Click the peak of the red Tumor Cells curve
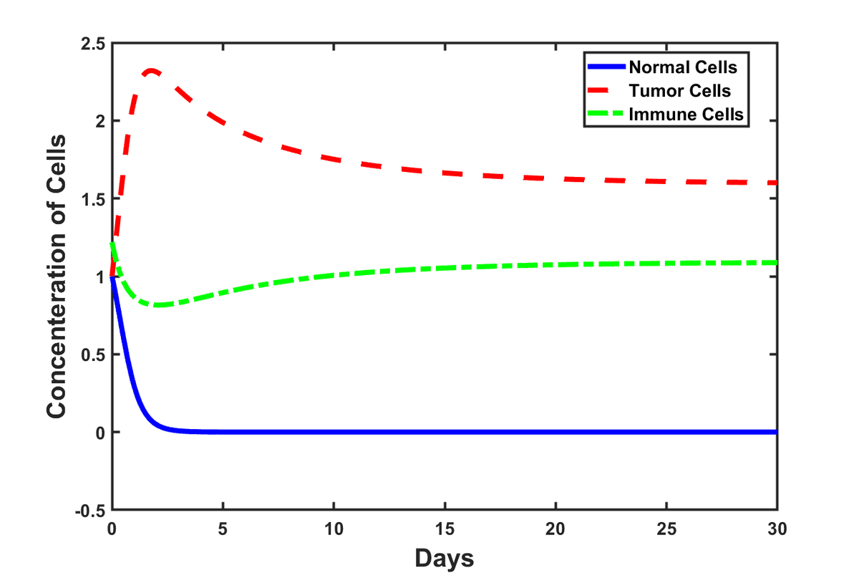(x=151, y=71)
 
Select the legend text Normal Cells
(x=683, y=69)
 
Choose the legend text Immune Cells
(x=685, y=114)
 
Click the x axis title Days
(x=444, y=557)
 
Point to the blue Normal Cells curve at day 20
(x=555, y=432)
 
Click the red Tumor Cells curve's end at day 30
(x=775, y=183)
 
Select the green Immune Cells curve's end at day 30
(x=775, y=262)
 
